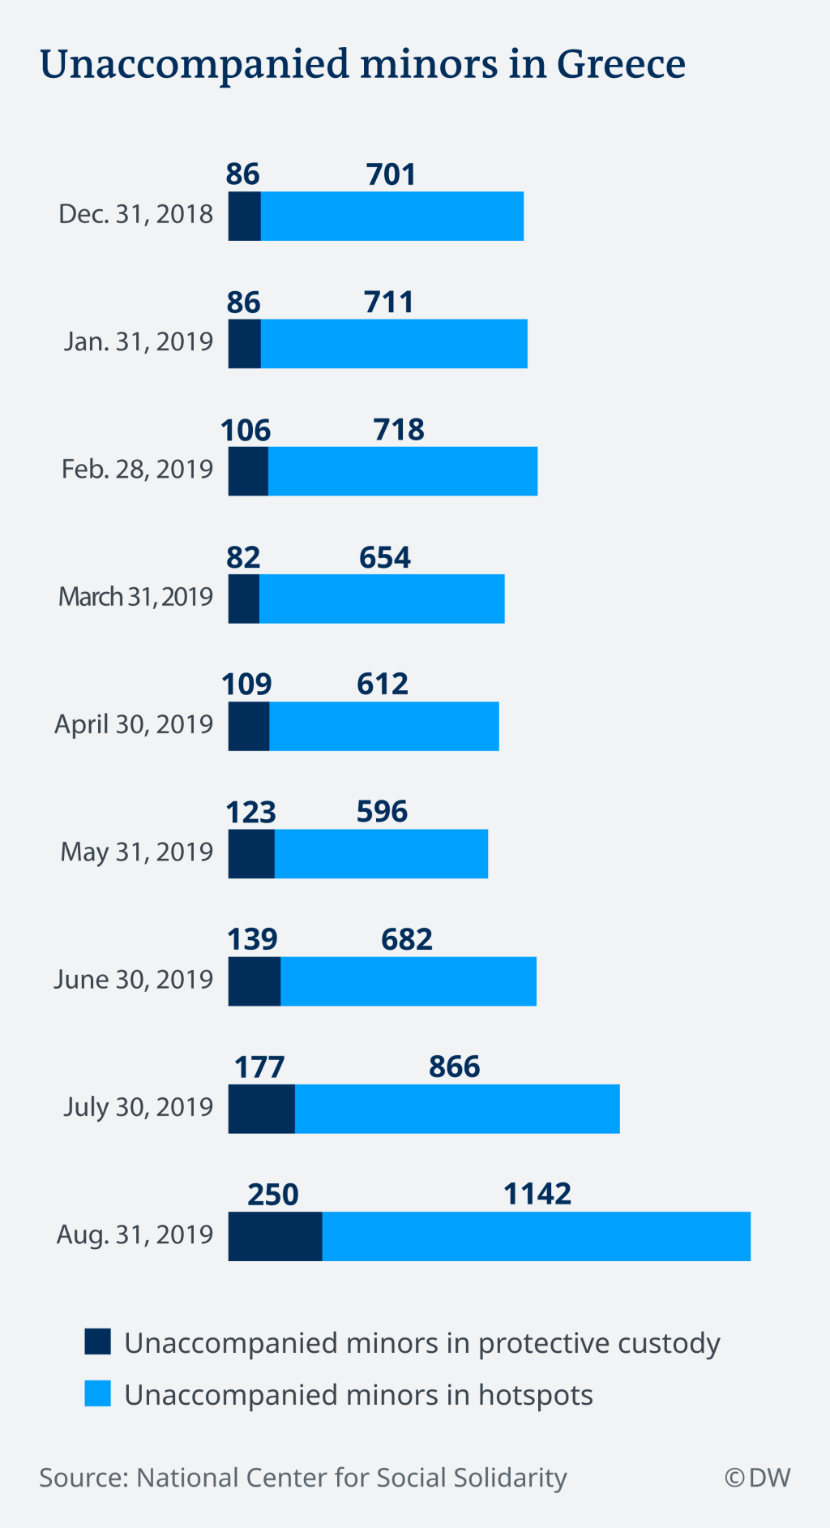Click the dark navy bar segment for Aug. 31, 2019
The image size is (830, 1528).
point(275,1236)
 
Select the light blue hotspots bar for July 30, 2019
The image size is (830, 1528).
point(457,1109)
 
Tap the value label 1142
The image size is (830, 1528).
point(537,1194)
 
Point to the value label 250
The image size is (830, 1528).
point(273,1195)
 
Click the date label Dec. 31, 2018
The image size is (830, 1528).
point(135,214)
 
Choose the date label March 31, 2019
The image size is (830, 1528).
point(135,597)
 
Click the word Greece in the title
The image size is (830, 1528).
point(621,64)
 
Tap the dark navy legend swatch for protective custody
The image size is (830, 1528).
point(97,1342)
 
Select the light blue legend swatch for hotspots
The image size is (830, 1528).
point(97,1394)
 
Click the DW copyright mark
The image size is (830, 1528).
point(758,1478)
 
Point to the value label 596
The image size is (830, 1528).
point(382,811)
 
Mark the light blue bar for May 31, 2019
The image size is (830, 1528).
point(381,853)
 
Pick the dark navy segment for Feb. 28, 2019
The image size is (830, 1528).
point(248,471)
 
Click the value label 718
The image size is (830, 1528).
point(399,429)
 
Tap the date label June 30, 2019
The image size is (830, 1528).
point(134,980)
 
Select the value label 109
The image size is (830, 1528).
point(246,685)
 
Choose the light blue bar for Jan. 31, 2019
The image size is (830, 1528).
point(394,344)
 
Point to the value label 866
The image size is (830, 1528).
point(454,1067)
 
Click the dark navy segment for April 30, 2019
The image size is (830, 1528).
point(249,726)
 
